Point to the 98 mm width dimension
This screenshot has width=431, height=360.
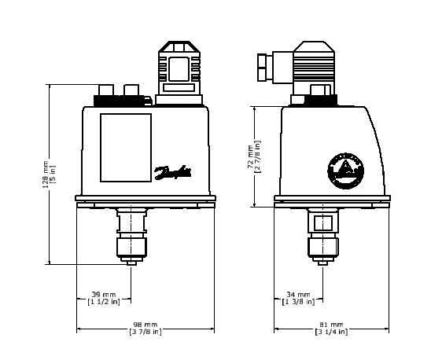pyautogui.click(x=146, y=324)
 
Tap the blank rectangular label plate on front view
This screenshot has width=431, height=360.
pyautogui.click(x=126, y=148)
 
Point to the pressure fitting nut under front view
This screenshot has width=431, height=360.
pyautogui.click(x=131, y=248)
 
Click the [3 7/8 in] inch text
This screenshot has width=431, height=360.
pyautogui.click(x=146, y=332)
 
